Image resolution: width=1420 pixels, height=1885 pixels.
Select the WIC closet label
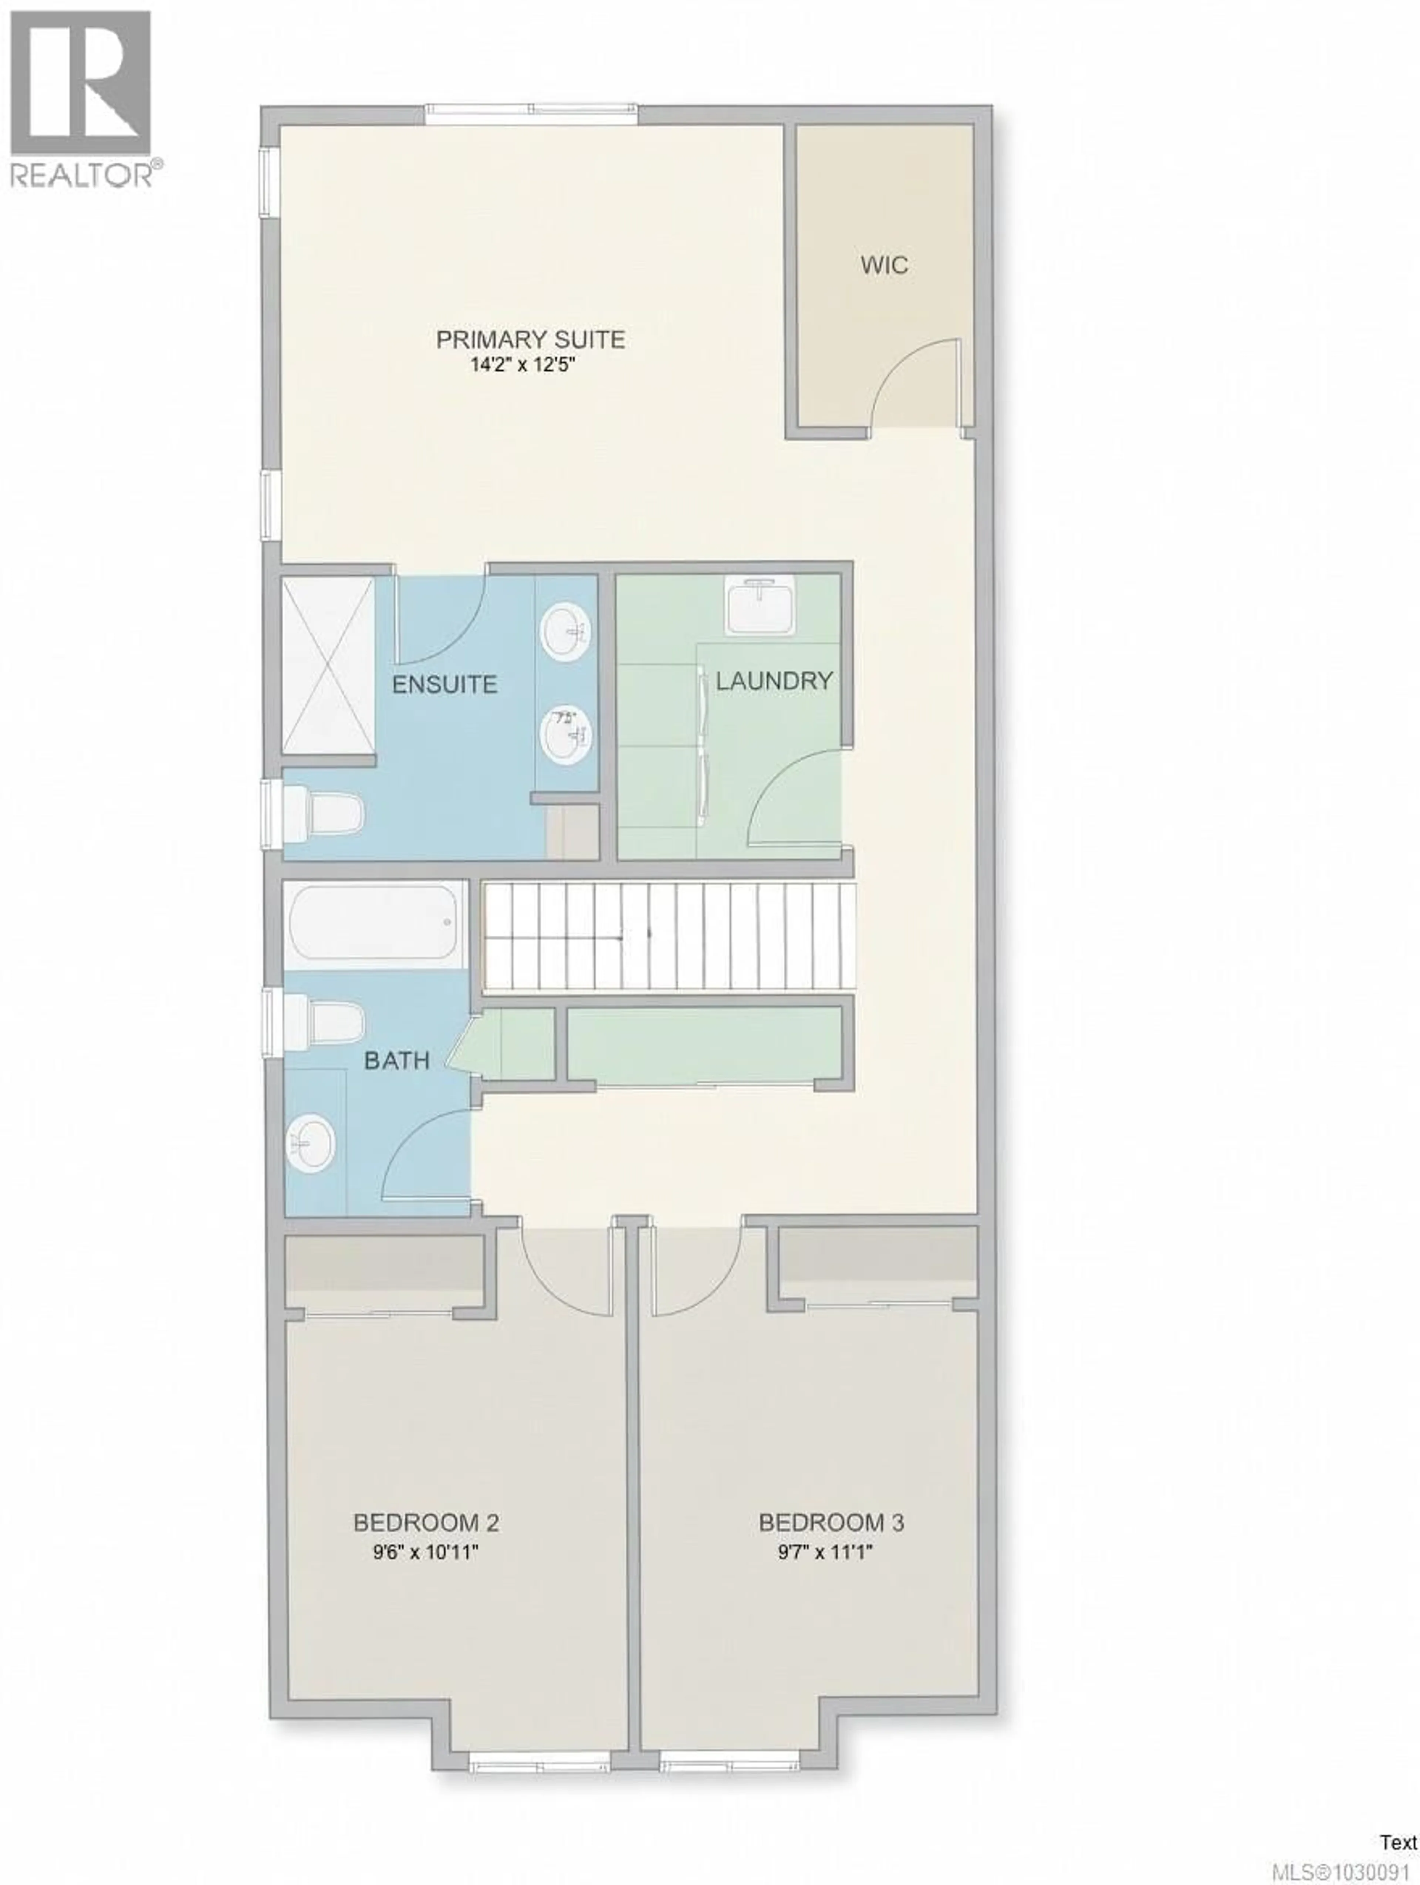(x=883, y=265)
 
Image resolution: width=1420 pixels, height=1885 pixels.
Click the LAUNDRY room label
(x=773, y=680)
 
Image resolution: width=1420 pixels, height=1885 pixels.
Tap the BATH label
(x=396, y=1061)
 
